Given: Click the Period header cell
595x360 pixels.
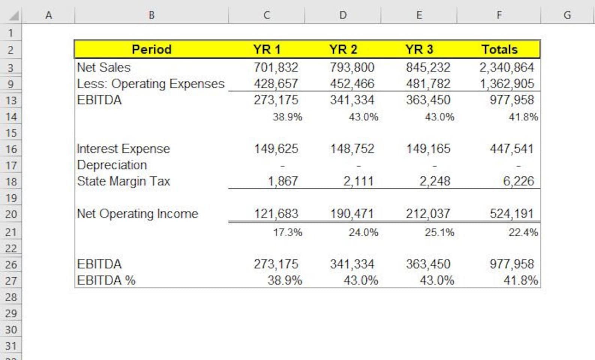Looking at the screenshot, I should [151, 49].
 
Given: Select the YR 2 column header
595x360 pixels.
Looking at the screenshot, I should [343, 49].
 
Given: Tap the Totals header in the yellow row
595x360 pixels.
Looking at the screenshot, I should [499, 49].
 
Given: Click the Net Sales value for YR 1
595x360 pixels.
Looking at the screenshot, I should [276, 67].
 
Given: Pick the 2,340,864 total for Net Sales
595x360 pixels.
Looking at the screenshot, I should [507, 67].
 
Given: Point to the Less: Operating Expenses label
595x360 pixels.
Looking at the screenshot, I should [151, 84].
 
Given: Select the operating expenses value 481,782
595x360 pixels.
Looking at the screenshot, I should [428, 84].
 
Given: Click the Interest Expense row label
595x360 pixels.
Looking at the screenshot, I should [123, 149].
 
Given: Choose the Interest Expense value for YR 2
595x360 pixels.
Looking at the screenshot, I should [352, 149].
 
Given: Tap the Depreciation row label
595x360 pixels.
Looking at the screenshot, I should [112, 165].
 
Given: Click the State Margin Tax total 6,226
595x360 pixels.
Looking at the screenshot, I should [518, 181].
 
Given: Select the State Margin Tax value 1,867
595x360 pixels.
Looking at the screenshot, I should [283, 181].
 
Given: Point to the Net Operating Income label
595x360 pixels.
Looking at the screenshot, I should [137, 214].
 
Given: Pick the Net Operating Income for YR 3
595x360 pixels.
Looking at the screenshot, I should [428, 214].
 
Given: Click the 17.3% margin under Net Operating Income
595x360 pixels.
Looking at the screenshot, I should [287, 233].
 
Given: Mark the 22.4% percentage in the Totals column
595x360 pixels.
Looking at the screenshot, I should [523, 233].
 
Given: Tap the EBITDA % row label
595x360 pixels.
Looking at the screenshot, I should [106, 281].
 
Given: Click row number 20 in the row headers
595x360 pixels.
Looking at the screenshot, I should [11, 214].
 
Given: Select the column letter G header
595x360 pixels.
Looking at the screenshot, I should [567, 15].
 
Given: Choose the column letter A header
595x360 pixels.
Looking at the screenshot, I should [48, 15].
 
